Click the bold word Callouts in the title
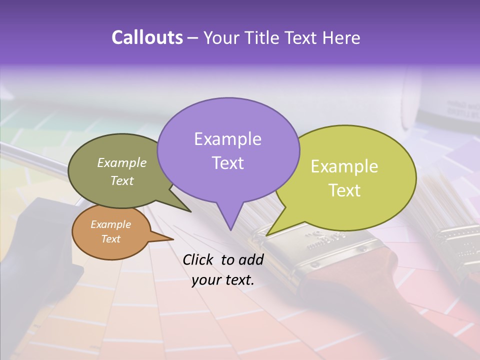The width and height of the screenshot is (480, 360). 147,37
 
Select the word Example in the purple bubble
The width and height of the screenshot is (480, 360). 227,139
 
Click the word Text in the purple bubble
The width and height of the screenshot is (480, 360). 227,163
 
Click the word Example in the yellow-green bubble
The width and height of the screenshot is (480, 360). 344,166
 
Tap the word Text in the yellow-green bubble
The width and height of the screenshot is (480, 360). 344,190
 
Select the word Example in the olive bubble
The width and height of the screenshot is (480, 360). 122,162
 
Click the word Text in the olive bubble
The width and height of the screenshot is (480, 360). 122,180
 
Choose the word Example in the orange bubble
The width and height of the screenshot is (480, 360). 110,224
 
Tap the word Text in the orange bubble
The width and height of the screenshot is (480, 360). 110,239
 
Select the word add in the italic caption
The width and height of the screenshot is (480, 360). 251,259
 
